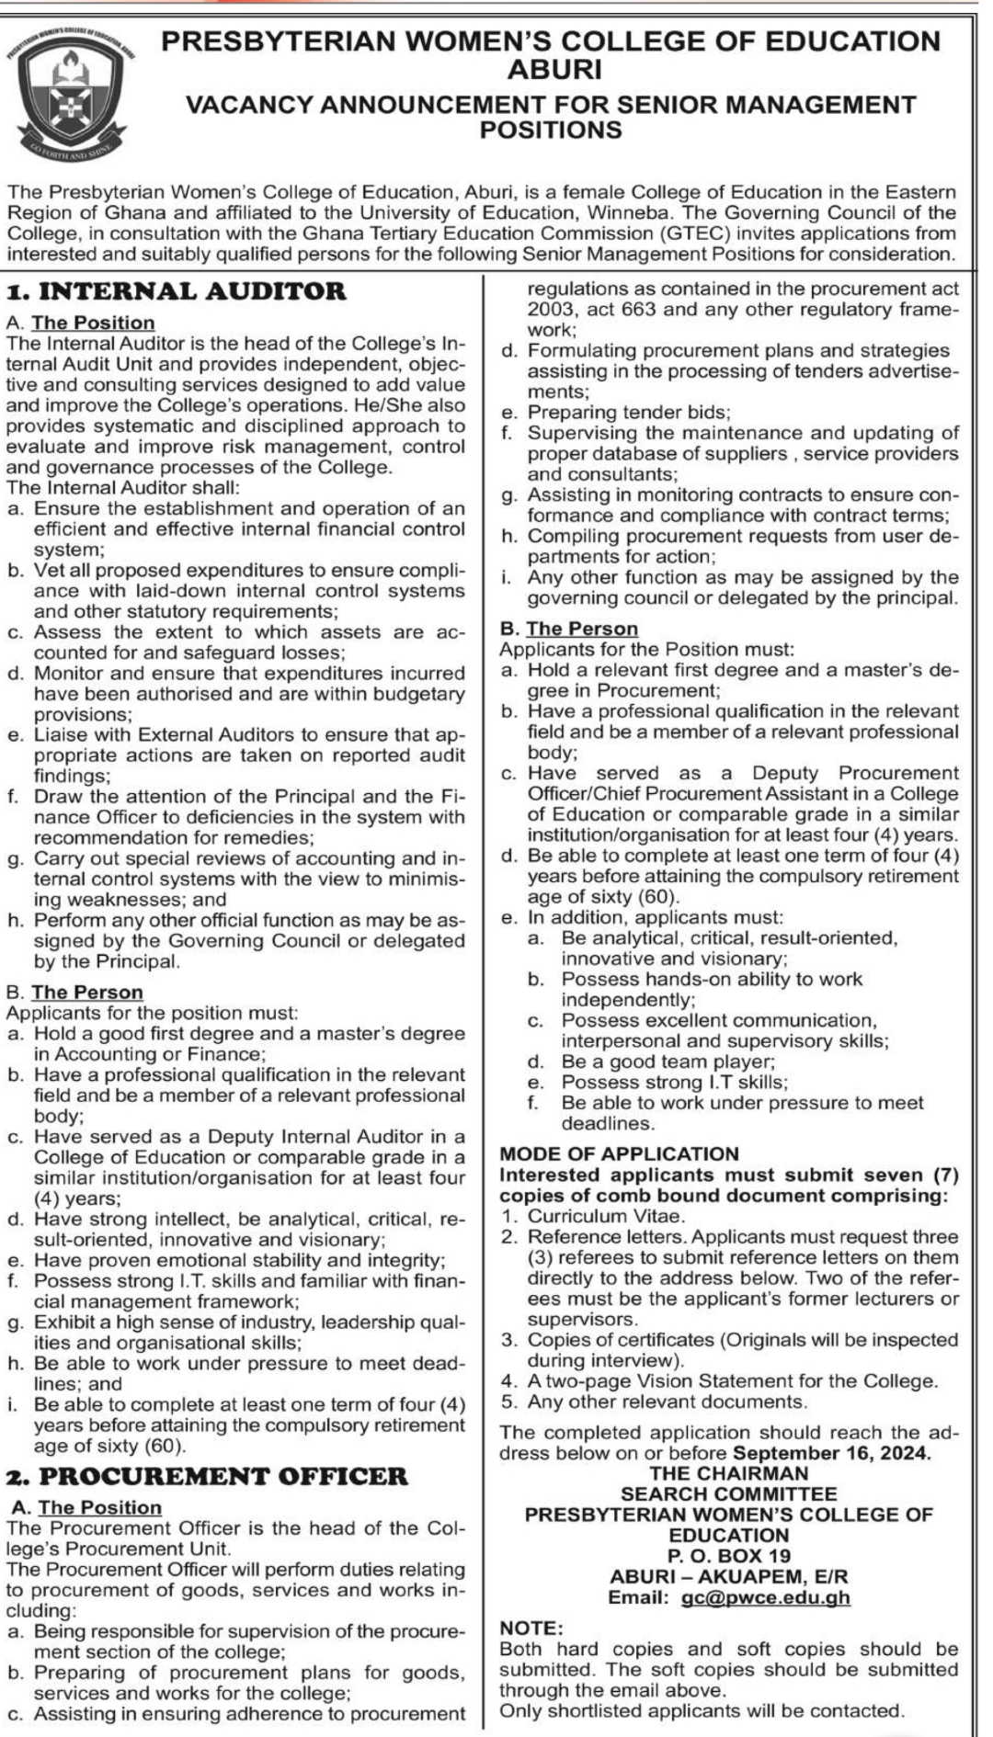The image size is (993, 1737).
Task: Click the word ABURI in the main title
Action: [554, 69]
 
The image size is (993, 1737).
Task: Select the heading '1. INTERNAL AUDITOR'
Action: [177, 291]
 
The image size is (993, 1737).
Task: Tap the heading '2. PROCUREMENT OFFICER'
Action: [207, 1476]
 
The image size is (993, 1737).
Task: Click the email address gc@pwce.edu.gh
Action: [766, 1596]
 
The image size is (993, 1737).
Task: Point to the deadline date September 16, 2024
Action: [831, 1453]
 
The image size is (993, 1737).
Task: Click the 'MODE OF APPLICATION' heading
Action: [619, 1153]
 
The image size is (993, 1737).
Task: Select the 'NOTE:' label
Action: [531, 1628]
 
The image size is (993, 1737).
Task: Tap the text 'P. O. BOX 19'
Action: [729, 1555]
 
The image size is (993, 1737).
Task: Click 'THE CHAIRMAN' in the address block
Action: [729, 1473]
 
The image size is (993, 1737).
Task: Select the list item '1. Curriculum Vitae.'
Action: [592, 1216]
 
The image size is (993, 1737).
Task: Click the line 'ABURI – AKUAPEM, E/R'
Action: [729, 1576]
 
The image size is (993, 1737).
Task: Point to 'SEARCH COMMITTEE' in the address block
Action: [729, 1494]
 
